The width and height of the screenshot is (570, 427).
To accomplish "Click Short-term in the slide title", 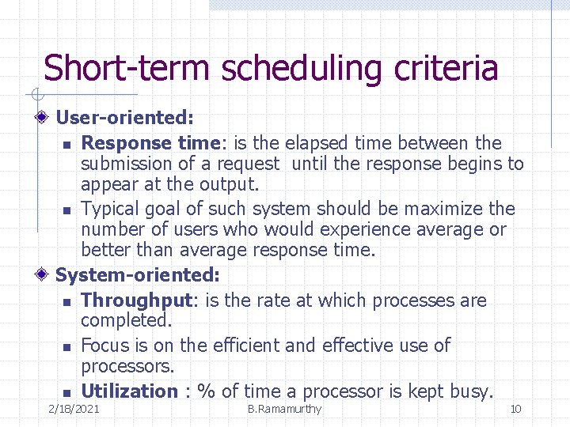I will tap(127, 68).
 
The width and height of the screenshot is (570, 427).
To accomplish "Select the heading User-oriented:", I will tap(124, 118).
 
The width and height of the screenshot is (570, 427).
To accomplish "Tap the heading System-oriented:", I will tap(137, 275).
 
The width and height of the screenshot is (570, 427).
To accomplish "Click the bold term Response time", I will tap(138, 143).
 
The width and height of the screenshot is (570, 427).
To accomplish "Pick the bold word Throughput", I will tap(137, 300).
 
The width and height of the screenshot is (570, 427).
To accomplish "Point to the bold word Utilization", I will tap(130, 391).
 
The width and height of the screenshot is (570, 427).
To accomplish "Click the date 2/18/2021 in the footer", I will tap(74, 409).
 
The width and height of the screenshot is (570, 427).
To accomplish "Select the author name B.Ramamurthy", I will tap(284, 409).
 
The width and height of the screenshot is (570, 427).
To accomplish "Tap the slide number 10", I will tap(515, 409).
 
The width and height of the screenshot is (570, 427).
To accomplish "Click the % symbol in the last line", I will tap(207, 391).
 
